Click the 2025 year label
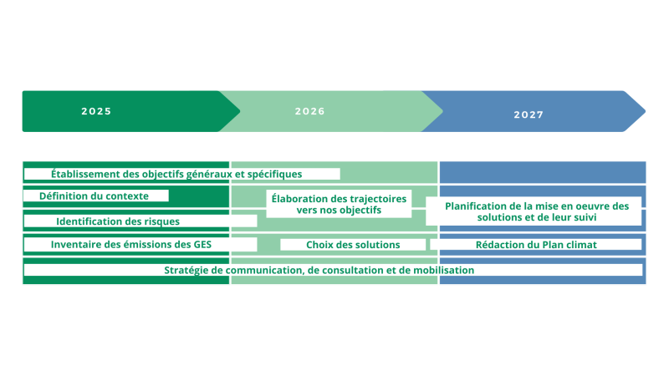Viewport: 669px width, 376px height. tap(96, 111)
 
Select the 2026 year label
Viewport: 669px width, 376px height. tap(309, 111)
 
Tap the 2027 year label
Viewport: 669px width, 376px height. tap(529, 114)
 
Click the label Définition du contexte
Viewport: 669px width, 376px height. tap(94, 196)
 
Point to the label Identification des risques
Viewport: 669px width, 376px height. tap(118, 221)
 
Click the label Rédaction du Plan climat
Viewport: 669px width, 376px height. tap(536, 245)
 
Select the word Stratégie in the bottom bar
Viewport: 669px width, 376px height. tap(187, 270)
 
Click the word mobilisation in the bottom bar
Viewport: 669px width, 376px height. tap(441, 270)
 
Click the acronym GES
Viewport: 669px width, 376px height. tap(200, 245)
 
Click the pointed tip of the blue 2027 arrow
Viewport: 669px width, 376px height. tap(645, 111)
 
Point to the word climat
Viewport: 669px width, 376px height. tap(579, 245)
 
